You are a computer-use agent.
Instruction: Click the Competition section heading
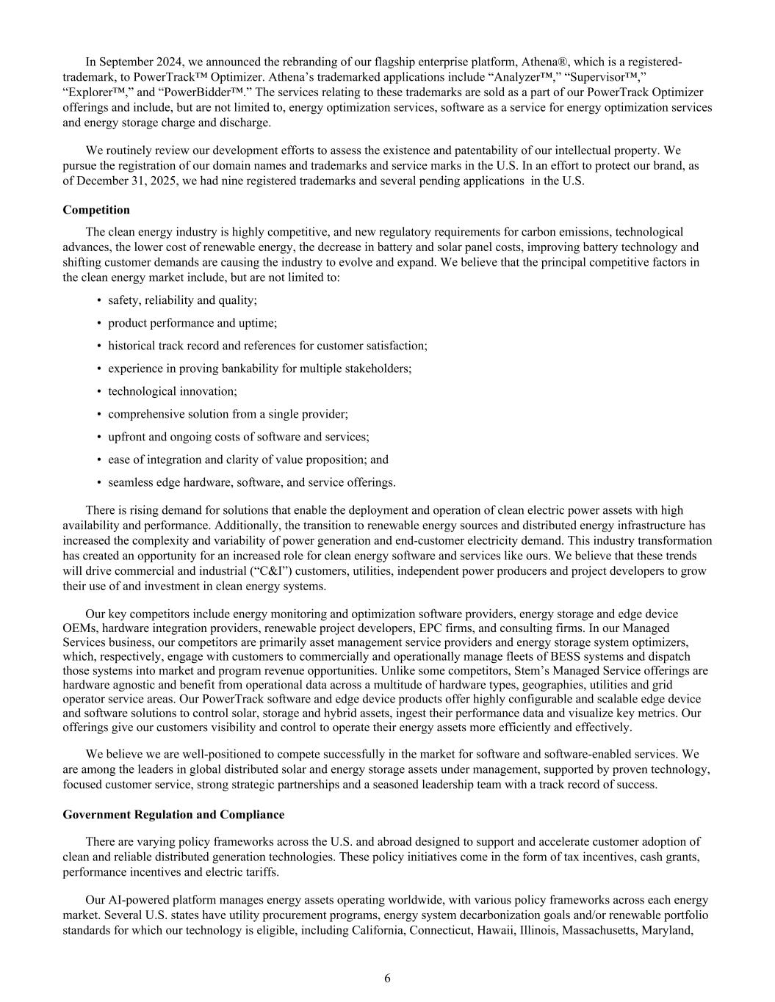(96, 210)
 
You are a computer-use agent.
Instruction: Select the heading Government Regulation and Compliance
(173, 814)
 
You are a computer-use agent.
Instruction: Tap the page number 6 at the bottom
(387, 978)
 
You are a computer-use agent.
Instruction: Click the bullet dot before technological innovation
(99, 391)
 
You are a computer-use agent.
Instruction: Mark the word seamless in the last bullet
(129, 482)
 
